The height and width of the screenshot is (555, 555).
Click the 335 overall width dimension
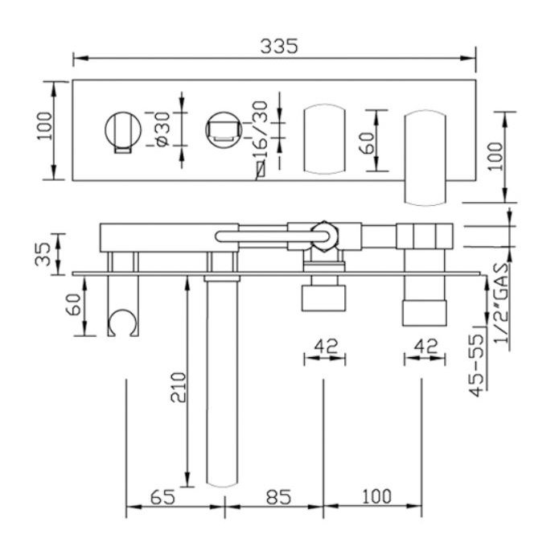tap(279, 47)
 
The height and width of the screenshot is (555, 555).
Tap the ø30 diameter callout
tap(163, 129)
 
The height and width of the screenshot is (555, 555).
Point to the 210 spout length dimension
tap(179, 387)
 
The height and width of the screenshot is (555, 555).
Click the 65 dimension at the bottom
tap(162, 497)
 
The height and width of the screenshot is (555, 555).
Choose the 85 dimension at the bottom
tap(279, 497)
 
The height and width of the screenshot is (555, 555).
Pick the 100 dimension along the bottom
tap(377, 496)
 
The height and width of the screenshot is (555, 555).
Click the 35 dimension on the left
tap(43, 253)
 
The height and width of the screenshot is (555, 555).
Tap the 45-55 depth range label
tap(476, 365)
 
